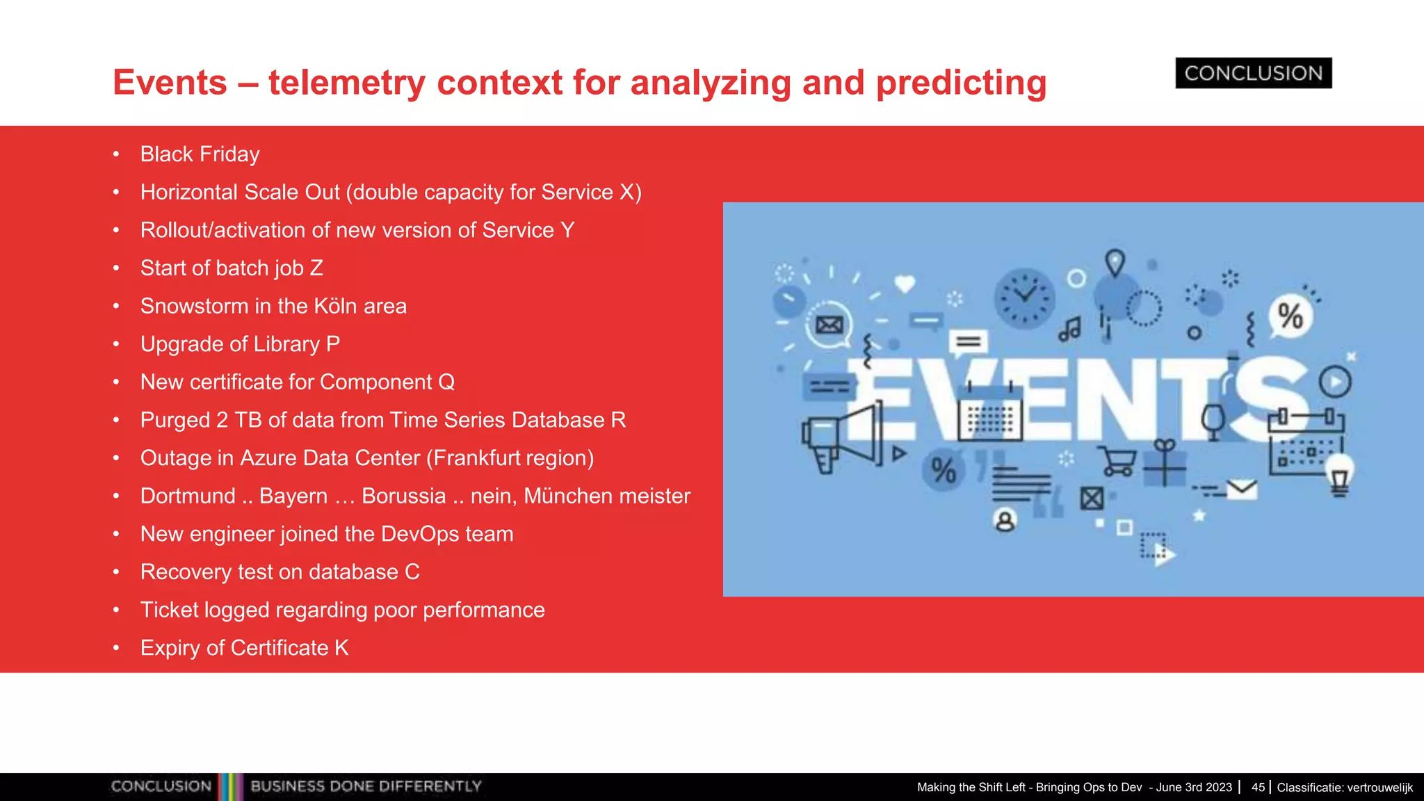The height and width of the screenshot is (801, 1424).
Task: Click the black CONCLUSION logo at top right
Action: click(1253, 73)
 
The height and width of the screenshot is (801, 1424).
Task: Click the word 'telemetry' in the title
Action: click(346, 83)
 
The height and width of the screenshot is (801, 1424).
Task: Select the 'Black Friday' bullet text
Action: click(200, 154)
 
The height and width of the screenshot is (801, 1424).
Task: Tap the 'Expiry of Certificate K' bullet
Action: click(244, 648)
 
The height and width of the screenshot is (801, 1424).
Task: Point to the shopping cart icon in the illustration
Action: click(1117, 461)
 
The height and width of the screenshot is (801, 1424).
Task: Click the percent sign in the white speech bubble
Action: click(1290, 316)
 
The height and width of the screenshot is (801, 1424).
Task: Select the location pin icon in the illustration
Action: click(1115, 264)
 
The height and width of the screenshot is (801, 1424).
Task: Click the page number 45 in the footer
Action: click(1258, 787)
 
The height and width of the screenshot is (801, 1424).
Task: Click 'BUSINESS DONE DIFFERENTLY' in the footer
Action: click(366, 786)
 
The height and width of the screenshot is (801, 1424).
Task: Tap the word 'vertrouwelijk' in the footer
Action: click(1379, 788)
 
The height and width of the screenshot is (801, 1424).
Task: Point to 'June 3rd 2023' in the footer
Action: click(1194, 787)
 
